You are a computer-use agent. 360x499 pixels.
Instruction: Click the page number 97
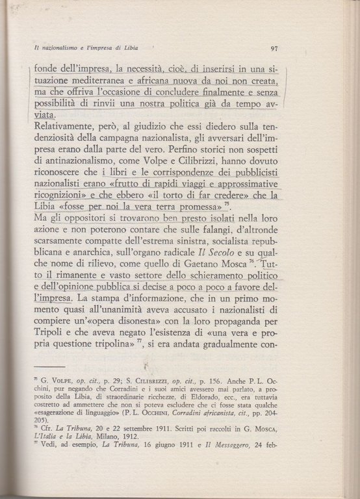274,48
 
